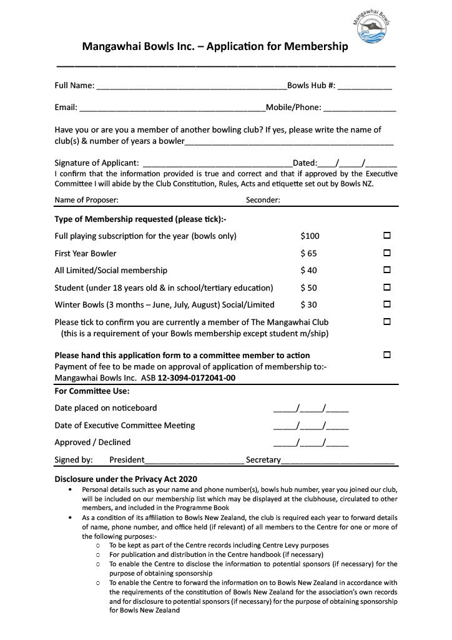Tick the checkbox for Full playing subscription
(x=386, y=236)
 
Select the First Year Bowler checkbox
(x=386, y=253)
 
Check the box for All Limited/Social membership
(x=386, y=271)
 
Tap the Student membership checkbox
(x=386, y=287)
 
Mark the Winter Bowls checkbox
(x=386, y=304)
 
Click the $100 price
(x=310, y=236)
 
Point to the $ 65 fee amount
(x=308, y=254)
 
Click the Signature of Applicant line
(x=218, y=164)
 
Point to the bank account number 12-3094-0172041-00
(x=196, y=379)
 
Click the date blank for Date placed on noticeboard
(x=311, y=409)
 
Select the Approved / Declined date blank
(x=311, y=443)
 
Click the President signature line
(x=194, y=461)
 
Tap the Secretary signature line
(x=337, y=461)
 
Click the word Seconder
(x=263, y=200)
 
